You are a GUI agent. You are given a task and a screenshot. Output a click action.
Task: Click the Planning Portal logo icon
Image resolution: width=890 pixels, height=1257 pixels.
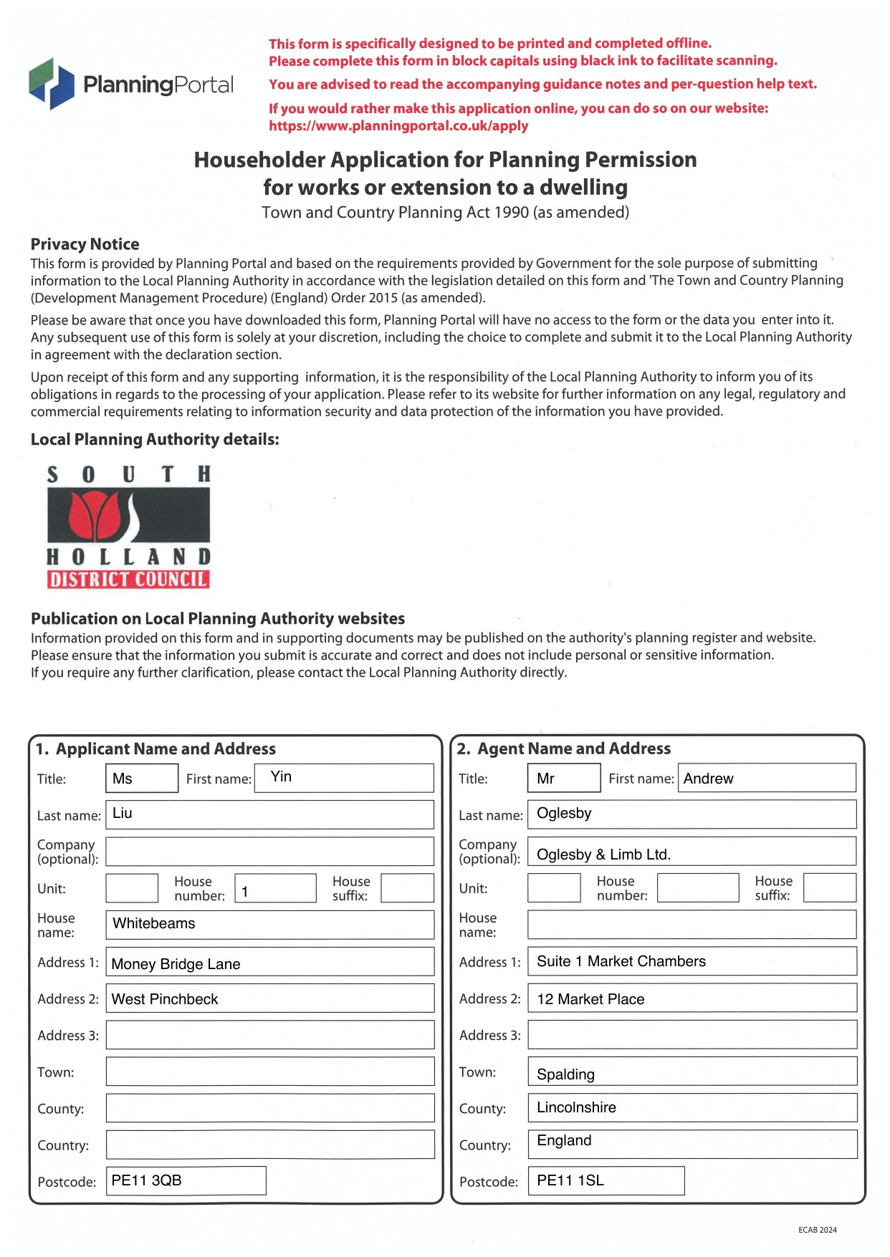[52, 84]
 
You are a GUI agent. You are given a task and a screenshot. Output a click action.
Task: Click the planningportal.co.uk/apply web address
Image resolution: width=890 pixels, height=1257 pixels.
[398, 126]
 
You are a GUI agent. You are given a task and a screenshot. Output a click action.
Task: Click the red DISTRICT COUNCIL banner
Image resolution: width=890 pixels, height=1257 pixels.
[128, 579]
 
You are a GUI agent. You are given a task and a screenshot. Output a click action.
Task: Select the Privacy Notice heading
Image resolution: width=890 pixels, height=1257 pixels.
[85, 244]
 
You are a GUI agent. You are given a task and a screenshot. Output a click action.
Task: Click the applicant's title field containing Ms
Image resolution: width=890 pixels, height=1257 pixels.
[141, 779]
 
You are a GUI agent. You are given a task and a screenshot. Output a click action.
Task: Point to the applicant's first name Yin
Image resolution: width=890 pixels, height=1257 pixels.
[281, 777]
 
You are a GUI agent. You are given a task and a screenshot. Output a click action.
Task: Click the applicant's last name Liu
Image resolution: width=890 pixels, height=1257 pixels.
[123, 814]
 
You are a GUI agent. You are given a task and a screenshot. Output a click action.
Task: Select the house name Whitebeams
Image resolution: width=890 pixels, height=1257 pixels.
[154, 924]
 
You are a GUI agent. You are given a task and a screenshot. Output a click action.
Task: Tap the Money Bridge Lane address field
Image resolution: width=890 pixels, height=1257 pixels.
[176, 964]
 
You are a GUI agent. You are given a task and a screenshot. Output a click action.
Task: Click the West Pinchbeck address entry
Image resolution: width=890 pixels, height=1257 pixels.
[165, 999]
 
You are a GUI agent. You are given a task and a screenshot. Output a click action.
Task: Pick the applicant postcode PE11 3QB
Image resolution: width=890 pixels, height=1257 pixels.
[147, 1180]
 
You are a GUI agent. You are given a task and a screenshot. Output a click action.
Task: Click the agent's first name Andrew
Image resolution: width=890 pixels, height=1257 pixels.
[708, 779]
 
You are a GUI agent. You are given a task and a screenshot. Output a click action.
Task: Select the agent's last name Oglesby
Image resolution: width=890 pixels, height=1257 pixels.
[564, 814]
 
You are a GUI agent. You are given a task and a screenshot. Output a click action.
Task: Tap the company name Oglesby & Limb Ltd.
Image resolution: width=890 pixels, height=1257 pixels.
[603, 854]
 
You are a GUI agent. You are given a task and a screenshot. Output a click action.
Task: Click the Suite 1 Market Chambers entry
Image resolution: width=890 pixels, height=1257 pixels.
[621, 961]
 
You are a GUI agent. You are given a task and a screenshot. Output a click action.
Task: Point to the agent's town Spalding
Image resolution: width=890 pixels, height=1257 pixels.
[565, 1074]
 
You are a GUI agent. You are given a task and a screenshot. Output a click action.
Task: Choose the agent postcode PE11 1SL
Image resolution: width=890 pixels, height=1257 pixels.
[570, 1180]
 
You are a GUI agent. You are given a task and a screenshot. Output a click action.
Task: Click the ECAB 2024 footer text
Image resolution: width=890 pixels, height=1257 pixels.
[817, 1230]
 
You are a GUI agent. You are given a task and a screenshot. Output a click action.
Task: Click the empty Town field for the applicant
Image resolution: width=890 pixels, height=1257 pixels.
[269, 1071]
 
